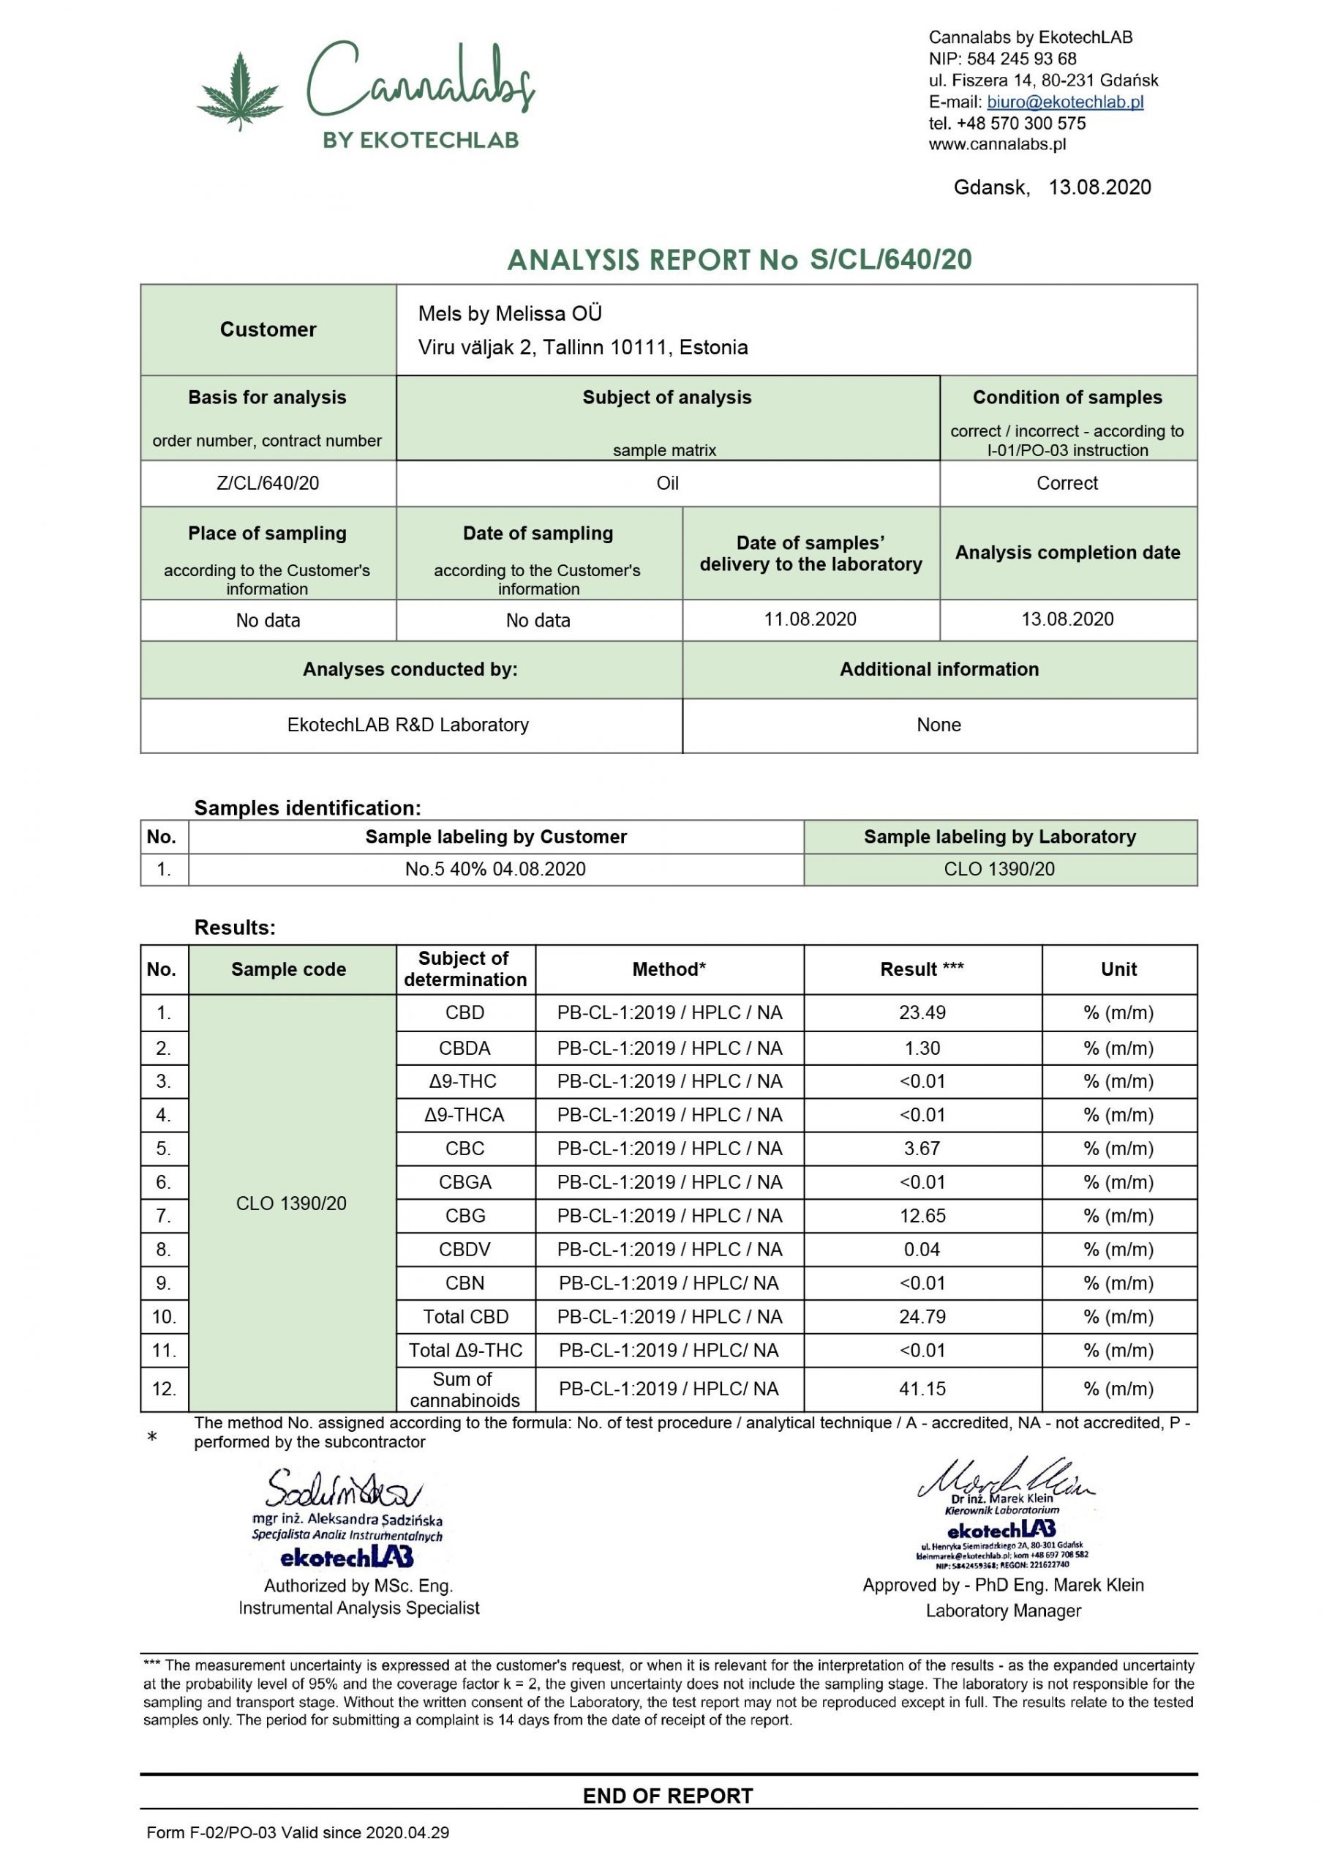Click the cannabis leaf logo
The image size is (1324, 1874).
coord(239,92)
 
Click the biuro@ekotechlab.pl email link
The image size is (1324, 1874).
coord(1064,102)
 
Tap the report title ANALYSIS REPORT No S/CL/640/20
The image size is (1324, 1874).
coord(739,260)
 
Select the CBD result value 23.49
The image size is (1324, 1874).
coord(922,1013)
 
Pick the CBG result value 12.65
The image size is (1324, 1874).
coord(922,1216)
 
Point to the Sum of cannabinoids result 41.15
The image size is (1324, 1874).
coord(922,1389)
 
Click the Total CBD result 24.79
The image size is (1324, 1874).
coord(922,1316)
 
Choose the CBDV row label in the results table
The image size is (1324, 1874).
coord(465,1250)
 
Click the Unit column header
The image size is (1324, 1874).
coord(1118,970)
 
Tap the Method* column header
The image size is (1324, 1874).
coord(669,970)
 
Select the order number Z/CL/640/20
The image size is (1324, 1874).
coord(268,483)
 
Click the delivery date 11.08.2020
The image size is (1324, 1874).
coord(810,619)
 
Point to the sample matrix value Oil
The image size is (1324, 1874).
coord(667,483)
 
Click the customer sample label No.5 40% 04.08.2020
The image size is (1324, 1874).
coord(495,869)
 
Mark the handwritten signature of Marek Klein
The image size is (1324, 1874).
coord(1005,1479)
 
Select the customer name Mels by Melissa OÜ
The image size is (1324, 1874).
coord(510,313)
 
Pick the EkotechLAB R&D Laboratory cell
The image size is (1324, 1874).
coord(408,725)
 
